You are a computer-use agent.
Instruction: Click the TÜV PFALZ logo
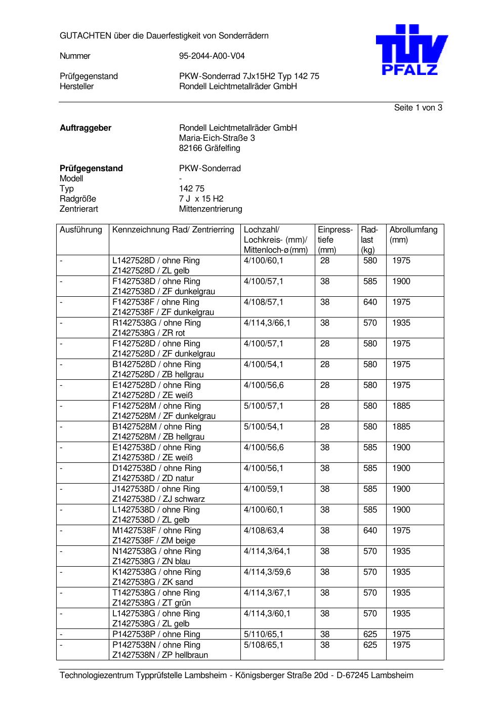point(411,50)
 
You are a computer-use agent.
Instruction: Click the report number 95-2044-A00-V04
point(212,56)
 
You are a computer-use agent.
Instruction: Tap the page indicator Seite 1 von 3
point(418,108)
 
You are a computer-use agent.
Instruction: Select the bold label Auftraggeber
point(86,128)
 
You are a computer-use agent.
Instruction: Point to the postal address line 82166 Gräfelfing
point(210,148)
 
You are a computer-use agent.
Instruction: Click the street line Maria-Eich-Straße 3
point(217,138)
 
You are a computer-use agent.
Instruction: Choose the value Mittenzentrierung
point(211,209)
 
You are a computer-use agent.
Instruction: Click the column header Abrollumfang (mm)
point(413,234)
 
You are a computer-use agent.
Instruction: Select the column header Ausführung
point(81,230)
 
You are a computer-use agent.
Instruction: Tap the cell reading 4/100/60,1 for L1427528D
point(264,261)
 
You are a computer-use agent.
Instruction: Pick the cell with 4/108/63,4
point(264,531)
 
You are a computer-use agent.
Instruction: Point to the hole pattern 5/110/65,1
point(264,635)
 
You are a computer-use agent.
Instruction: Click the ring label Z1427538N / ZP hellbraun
point(160,655)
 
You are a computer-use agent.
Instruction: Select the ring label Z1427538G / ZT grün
point(151,603)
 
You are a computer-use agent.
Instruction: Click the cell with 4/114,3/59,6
point(267,572)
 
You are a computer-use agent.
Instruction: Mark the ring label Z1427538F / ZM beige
point(154,541)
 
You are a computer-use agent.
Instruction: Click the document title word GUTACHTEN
point(86,36)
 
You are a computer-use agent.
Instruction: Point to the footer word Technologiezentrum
point(97,676)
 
